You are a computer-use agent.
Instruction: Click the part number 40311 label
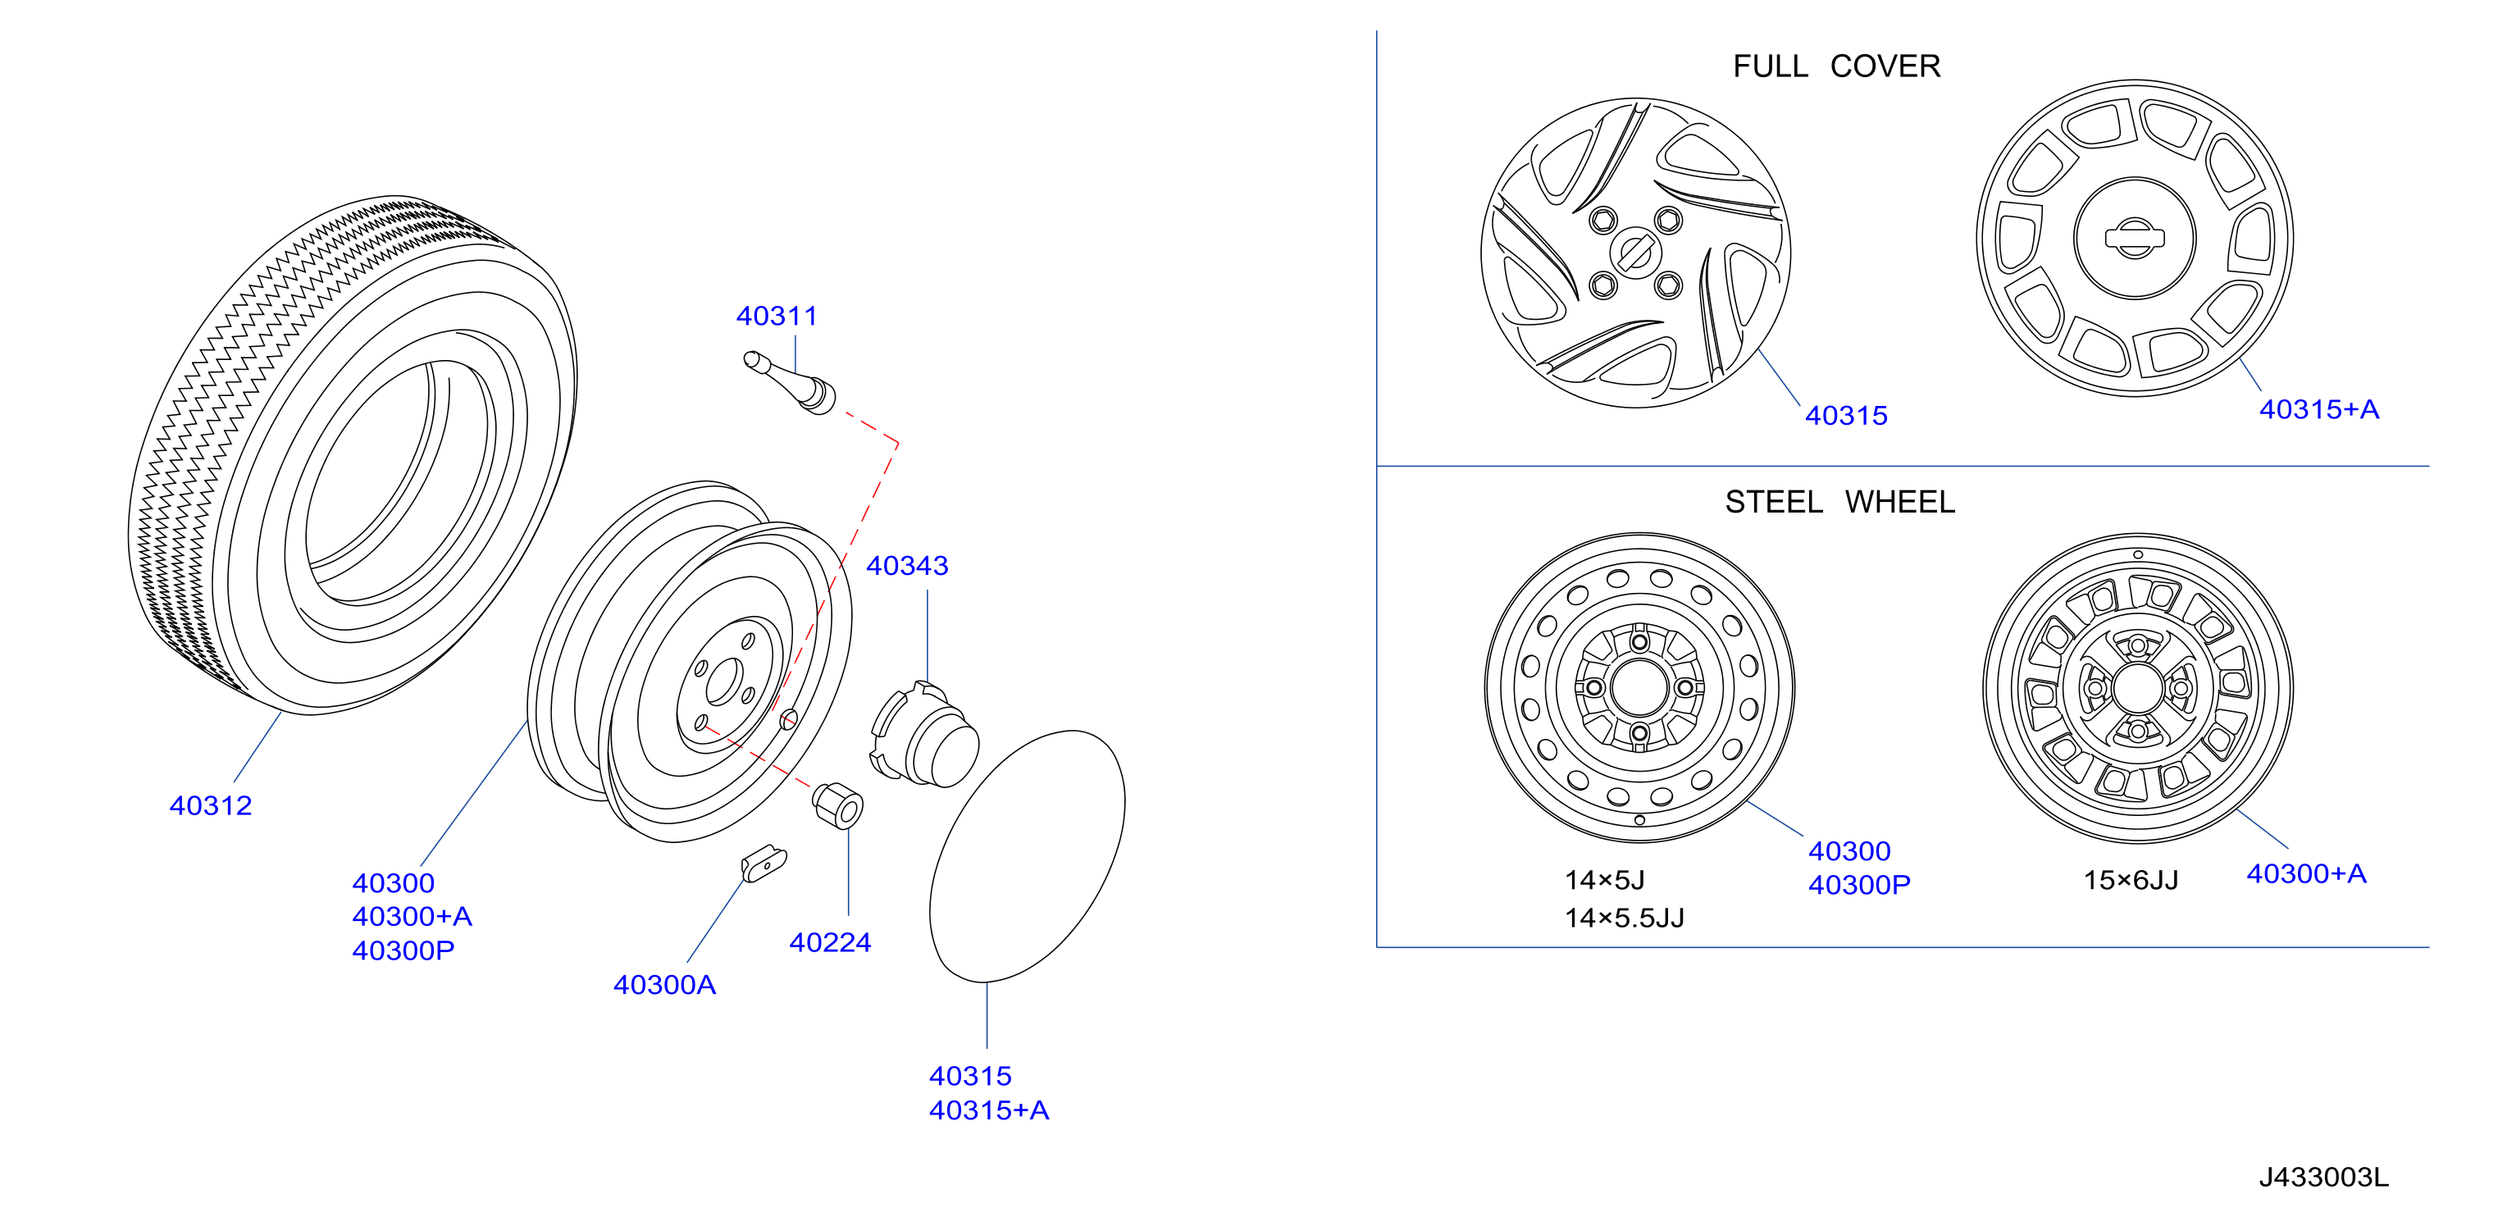click(x=776, y=316)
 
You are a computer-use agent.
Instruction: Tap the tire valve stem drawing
click(x=790, y=382)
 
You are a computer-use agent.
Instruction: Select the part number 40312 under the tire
click(x=211, y=806)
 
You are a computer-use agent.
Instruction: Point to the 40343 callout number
click(x=907, y=565)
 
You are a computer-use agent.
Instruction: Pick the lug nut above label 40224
click(x=838, y=804)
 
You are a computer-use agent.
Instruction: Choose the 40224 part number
click(x=830, y=942)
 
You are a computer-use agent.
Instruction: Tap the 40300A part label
click(x=664, y=985)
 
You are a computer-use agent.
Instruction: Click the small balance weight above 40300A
click(x=764, y=863)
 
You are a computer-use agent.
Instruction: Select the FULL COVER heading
click(x=1837, y=66)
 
